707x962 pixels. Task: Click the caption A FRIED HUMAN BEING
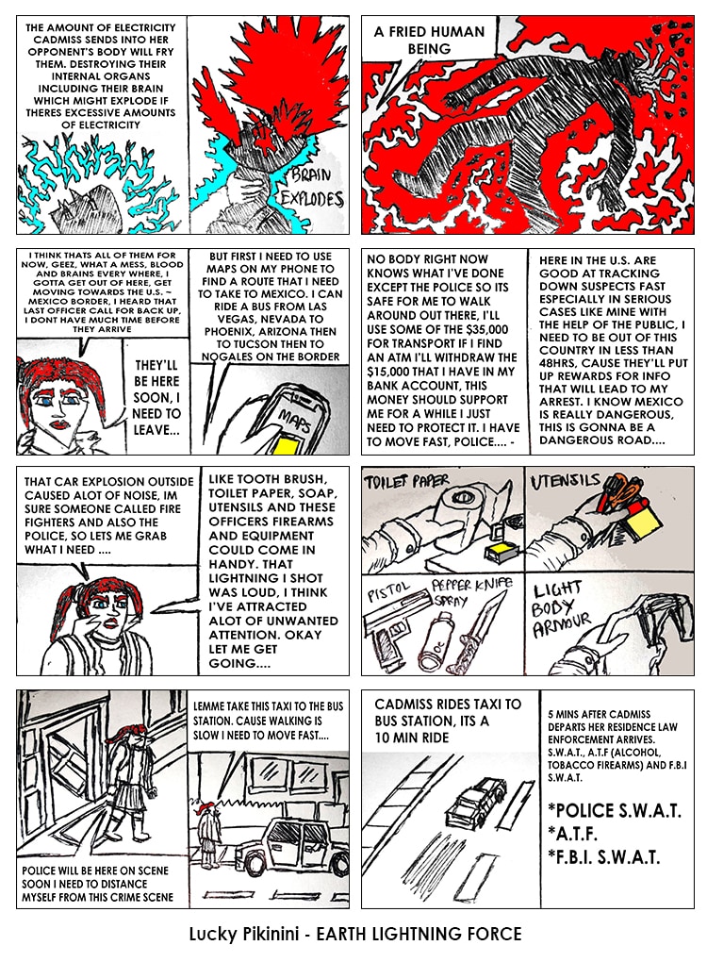[429, 40]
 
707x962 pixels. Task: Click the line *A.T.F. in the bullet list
[573, 834]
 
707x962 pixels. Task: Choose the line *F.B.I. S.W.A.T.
[604, 856]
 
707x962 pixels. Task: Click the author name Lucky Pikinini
[244, 935]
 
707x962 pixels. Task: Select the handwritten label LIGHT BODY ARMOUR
[561, 610]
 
